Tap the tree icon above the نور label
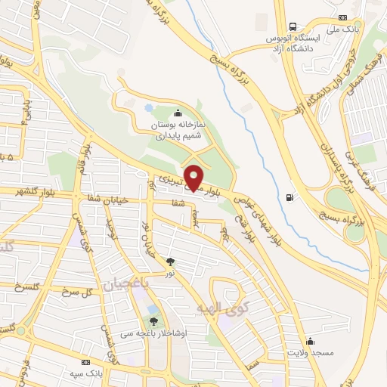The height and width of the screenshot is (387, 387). click(171, 261)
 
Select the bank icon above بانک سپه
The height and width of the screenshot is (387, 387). click(85, 363)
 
